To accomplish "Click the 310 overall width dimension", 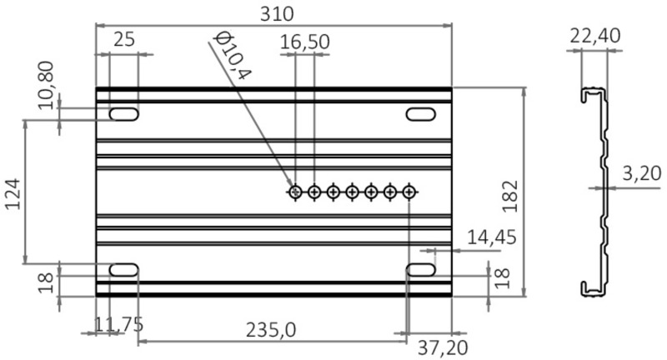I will coord(275,13).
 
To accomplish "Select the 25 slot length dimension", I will coord(124,39).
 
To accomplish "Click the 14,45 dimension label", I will coord(491,237).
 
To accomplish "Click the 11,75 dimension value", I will coord(116,325).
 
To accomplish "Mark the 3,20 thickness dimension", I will coord(642,173).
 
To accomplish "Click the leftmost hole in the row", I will coord(295,192).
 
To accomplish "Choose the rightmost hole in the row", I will coord(409,192).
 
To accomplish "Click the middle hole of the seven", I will coord(352,192).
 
